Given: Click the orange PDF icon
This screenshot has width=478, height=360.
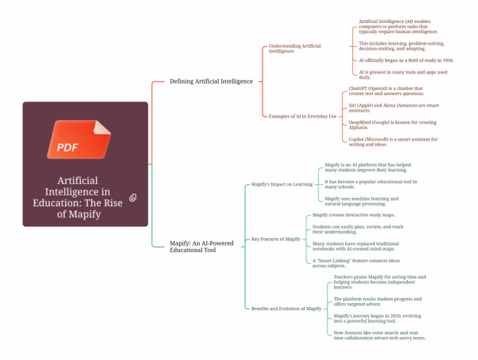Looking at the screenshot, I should pos(79,140).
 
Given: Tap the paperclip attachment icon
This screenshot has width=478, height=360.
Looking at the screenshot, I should pos(133,197).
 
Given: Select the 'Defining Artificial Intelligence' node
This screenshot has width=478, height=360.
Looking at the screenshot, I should pos(211,81).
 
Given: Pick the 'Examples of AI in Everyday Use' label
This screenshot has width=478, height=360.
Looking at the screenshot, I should pos(302,116).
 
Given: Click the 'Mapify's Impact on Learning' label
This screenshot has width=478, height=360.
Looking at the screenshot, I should pos(282,184).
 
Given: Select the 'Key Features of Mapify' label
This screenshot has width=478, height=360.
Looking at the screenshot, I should pos(276,239).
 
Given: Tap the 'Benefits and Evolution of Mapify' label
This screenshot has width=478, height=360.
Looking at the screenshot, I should pos(286,309).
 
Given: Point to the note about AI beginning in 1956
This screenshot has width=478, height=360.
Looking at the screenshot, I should pos(406,60).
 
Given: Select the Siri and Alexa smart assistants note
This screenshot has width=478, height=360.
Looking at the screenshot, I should pos(393,108).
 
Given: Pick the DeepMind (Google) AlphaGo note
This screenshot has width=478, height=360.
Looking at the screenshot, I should pos(392,125).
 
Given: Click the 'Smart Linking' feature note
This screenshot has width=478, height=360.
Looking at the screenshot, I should pos(356,263).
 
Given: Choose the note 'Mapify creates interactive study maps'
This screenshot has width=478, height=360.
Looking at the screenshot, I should pos(354,215).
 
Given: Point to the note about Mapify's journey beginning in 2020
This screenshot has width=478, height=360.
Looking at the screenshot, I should pos(373,318).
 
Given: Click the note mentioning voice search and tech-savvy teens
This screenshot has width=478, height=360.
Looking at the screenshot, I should pos(379,335).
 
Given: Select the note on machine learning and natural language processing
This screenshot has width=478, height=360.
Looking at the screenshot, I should pos(361,201).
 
